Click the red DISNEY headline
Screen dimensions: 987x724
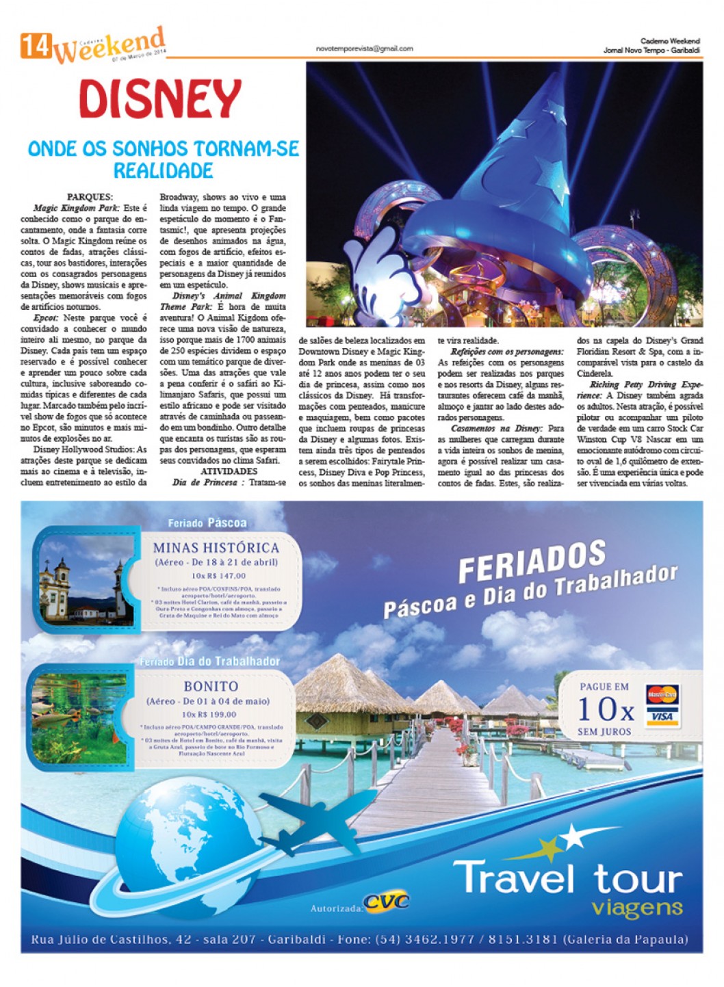pyautogui.click(x=160, y=100)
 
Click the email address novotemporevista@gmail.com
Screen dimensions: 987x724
pyautogui.click(x=364, y=49)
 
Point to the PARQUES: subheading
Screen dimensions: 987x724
pyautogui.click(x=90, y=197)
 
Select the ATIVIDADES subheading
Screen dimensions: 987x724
pyautogui.click(x=229, y=471)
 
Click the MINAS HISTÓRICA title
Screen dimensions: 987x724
pyautogui.click(x=216, y=548)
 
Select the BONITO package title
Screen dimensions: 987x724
pyautogui.click(x=211, y=686)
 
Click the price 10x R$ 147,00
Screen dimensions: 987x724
pyautogui.click(x=218, y=576)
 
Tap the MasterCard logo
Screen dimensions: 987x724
pyautogui.click(x=662, y=695)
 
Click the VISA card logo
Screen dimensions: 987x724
pyautogui.click(x=662, y=716)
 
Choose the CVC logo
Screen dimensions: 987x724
pyautogui.click(x=387, y=902)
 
